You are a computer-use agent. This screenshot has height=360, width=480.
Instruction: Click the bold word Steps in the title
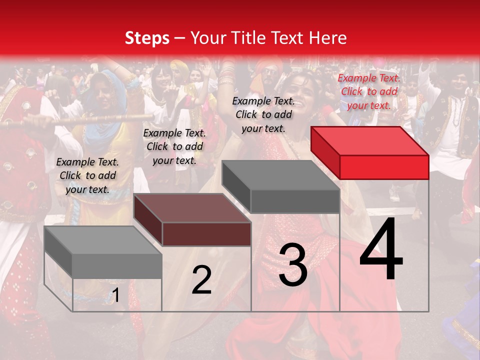pyautogui.click(x=147, y=38)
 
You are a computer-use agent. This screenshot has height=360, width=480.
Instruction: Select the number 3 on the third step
pyautogui.click(x=293, y=265)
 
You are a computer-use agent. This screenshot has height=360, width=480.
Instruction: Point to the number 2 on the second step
pyautogui.click(x=201, y=280)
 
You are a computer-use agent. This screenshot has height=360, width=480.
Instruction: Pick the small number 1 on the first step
pyautogui.click(x=115, y=295)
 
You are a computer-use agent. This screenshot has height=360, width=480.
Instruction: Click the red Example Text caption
pyautogui.click(x=369, y=91)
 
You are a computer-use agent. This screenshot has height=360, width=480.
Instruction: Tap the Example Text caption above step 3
pyautogui.click(x=263, y=114)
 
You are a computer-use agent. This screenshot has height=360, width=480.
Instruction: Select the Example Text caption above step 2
pyautogui.click(x=174, y=146)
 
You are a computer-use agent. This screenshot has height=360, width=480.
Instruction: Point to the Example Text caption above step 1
pyautogui.click(x=87, y=175)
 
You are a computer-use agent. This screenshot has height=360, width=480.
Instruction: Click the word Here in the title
pyautogui.click(x=328, y=38)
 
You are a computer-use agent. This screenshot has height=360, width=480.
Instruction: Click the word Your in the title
pyautogui.click(x=209, y=38)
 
